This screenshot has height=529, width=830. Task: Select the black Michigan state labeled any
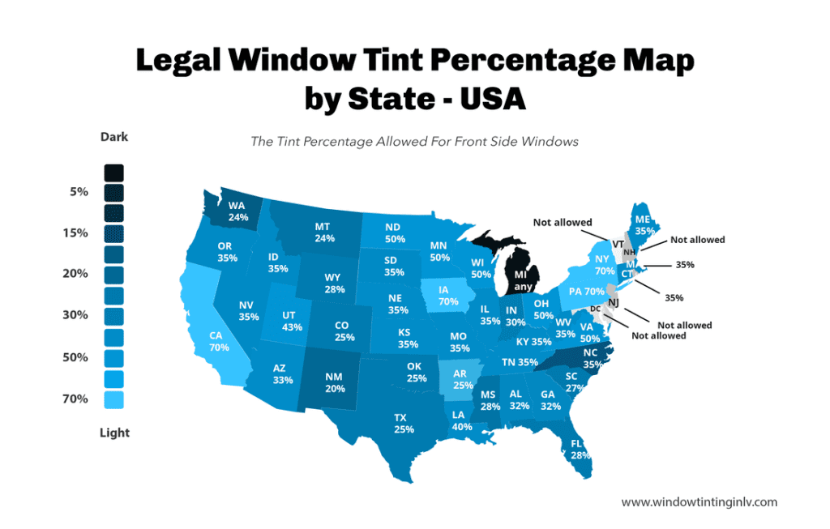521,280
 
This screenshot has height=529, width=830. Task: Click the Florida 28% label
576,450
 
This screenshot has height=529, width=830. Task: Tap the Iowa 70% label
446,295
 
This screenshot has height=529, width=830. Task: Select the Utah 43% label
292,321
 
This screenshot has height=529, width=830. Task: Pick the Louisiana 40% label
462,420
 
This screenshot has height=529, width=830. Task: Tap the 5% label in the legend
79,192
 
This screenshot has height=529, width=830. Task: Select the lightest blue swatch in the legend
113,399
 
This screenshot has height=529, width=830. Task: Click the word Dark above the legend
113,137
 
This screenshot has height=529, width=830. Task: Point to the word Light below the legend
114,433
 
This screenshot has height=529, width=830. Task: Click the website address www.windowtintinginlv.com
699,502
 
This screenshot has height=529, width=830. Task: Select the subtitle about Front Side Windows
414,141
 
